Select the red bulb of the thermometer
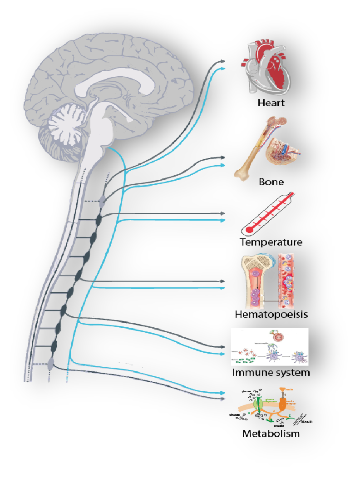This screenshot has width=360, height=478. pos(249,230)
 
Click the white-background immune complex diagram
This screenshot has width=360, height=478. pos(270,347)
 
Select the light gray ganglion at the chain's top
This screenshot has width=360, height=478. pos(103,200)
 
